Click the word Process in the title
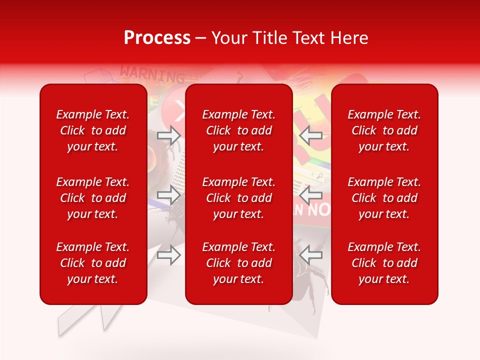click(x=157, y=38)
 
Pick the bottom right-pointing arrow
click(x=169, y=255)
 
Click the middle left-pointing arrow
click(x=310, y=194)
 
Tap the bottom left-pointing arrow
click(x=310, y=255)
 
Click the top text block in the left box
click(x=93, y=130)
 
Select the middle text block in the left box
click(x=93, y=198)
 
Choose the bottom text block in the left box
click(x=93, y=263)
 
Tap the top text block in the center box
click(x=239, y=130)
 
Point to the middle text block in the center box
click(x=239, y=198)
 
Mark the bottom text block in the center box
click(x=239, y=263)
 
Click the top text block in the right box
click(x=384, y=130)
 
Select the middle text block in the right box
click(x=384, y=198)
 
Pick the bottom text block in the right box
click(x=384, y=263)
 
